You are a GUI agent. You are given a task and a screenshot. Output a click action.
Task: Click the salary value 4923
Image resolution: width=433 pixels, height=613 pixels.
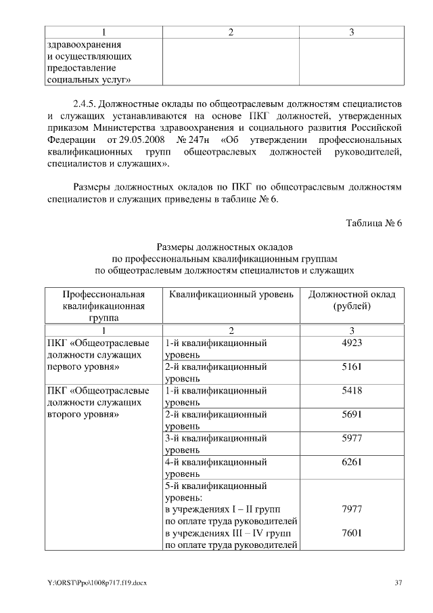tap(352, 343)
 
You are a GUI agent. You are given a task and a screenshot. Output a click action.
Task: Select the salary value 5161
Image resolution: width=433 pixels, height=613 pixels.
tap(352, 367)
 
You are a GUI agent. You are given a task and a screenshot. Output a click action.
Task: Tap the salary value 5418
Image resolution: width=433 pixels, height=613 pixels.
tap(352, 391)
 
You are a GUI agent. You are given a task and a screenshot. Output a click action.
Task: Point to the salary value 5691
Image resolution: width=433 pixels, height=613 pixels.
tap(352, 415)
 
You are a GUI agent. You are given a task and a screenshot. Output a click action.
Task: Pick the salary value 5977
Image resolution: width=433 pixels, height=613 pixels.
tap(352, 438)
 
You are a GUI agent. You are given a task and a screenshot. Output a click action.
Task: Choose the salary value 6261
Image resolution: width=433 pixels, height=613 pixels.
tap(352, 462)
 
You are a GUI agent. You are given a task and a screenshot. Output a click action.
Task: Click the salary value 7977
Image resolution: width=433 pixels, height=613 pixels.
tap(352, 509)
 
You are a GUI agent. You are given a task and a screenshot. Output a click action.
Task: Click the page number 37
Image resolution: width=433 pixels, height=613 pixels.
tap(398, 583)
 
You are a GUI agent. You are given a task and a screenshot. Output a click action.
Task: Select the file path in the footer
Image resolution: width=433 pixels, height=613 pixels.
tap(91, 583)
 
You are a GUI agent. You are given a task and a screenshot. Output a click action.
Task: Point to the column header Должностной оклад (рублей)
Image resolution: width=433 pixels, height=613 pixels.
tap(352, 300)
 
